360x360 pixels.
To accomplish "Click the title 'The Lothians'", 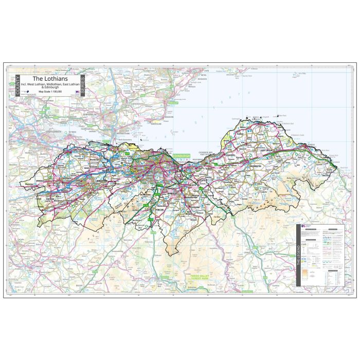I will tap(50, 79).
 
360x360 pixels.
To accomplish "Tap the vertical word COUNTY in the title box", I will tap(17, 86).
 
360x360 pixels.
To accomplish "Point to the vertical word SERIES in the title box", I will tap(83, 86).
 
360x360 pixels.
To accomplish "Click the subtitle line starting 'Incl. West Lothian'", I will tap(50, 84).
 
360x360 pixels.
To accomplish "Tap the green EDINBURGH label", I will tap(182, 155).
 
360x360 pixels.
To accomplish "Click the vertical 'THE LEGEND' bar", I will tap(298, 256).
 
